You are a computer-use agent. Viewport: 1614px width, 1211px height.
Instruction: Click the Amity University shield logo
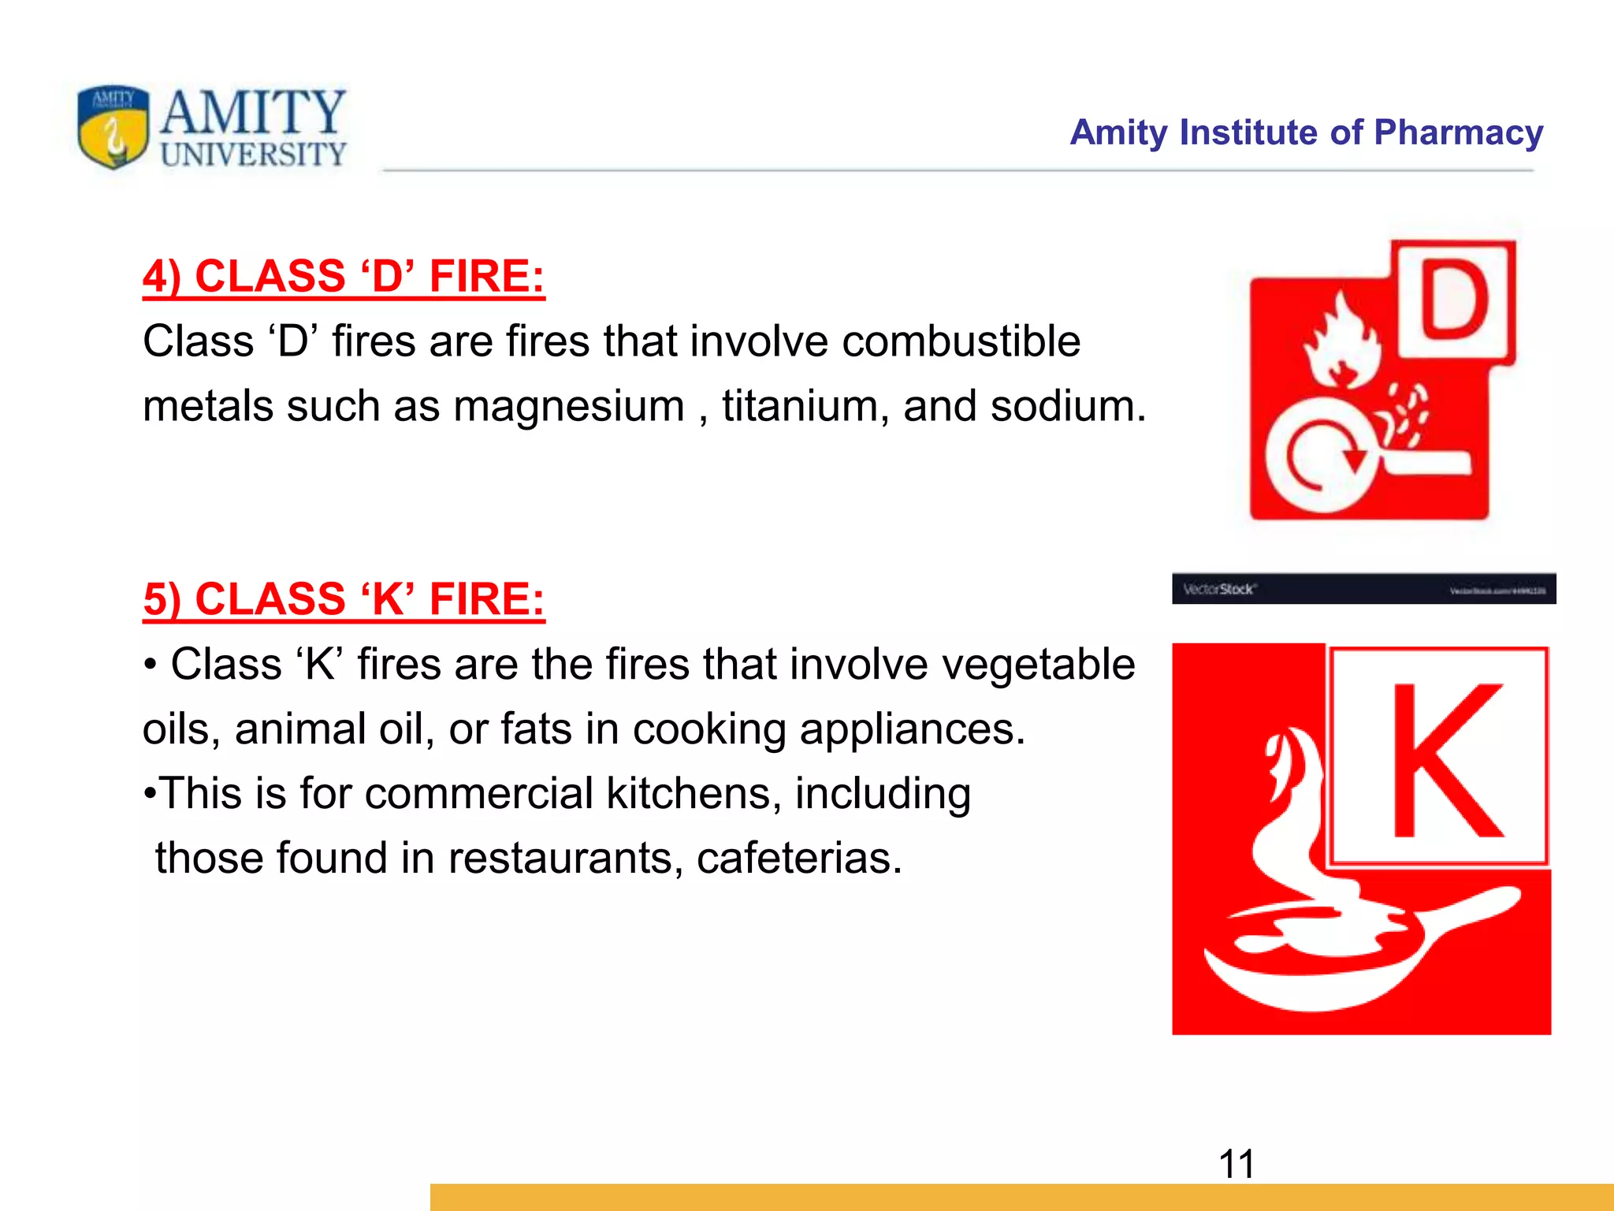[x=113, y=127]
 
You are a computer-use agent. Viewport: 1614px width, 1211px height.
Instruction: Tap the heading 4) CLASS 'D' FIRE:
[x=344, y=276]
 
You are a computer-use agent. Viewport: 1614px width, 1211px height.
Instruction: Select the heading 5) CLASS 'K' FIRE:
[x=344, y=599]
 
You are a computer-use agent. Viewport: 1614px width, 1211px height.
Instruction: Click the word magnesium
[x=569, y=407]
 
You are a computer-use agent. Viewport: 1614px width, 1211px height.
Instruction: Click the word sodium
[x=1067, y=407]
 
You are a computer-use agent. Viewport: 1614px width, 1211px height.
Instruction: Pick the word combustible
[x=961, y=342]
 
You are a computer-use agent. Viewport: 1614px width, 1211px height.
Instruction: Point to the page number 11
[x=1237, y=1164]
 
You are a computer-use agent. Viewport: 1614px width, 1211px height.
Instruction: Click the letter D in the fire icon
[x=1455, y=300]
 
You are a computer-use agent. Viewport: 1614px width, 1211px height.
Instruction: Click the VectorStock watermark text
[x=1219, y=589]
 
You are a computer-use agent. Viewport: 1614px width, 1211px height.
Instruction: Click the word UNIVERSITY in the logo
[x=254, y=155]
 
